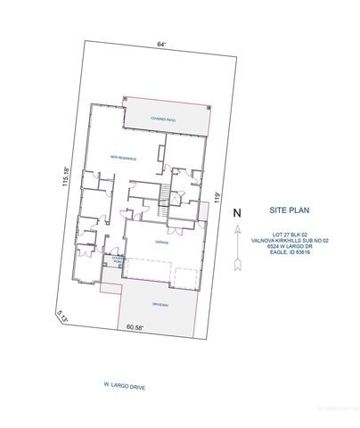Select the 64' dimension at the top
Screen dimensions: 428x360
point(161,44)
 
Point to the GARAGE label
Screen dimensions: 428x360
point(162,242)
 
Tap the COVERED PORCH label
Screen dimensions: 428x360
point(117,259)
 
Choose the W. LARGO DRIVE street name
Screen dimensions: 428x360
point(125,386)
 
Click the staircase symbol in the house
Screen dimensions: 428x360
point(163,194)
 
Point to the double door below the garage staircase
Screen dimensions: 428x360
point(176,231)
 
